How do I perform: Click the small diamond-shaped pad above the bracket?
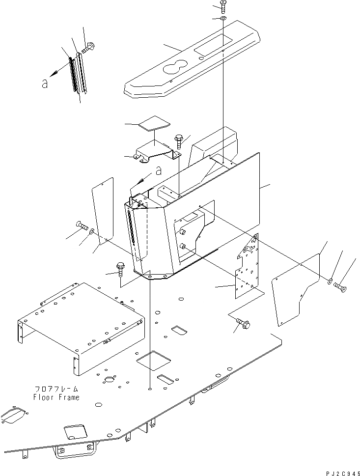[x=152, y=123]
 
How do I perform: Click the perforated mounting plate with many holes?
[x=248, y=268]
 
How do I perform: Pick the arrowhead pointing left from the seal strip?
[x=57, y=72]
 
